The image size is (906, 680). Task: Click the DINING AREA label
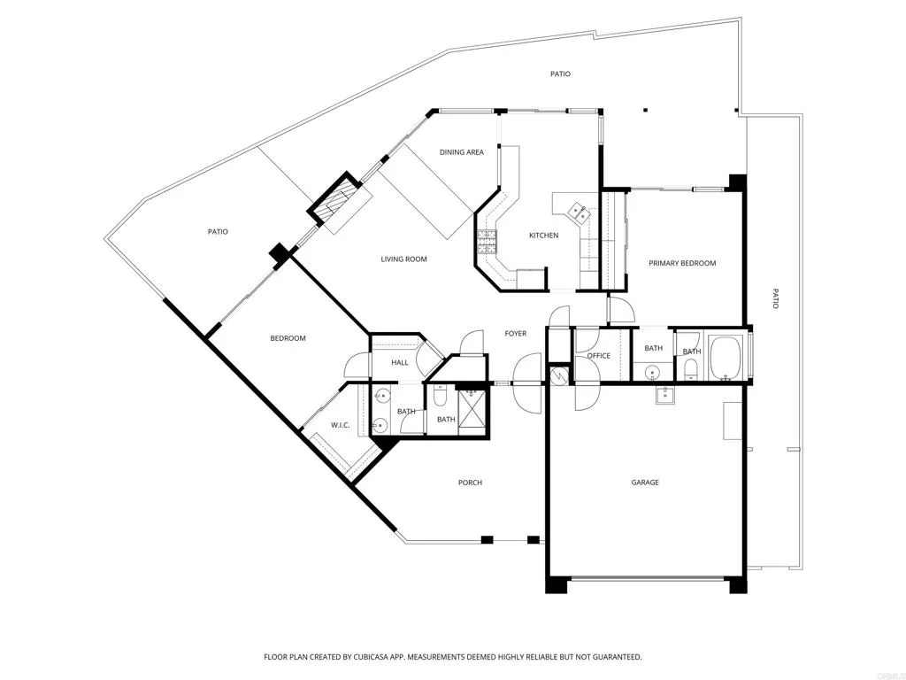462,152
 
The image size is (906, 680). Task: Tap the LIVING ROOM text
404,259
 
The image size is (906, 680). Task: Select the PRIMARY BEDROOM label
682,263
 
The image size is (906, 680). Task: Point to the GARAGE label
645,483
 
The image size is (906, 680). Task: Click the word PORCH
470,483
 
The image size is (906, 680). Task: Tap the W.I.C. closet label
341,425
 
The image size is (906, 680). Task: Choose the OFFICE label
599,356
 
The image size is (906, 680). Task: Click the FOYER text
516,334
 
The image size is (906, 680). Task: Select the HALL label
387,362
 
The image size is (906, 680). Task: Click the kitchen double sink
577,212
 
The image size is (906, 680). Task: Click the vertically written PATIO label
775,298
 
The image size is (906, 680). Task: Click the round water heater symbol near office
558,375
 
